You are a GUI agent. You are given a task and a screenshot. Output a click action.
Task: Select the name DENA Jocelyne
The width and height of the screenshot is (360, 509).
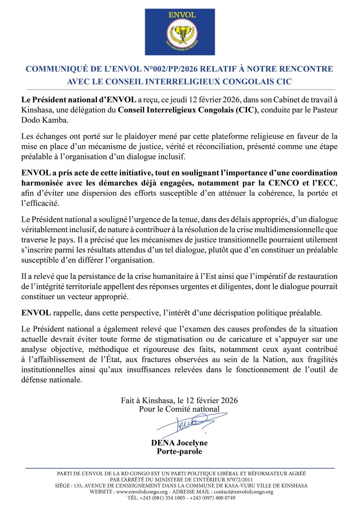pos(180,442)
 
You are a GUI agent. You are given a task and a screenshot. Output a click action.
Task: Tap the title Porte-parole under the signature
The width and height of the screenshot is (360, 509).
pos(180,451)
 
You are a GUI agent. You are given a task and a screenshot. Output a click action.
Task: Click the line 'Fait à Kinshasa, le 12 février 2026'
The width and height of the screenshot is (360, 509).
pos(180,400)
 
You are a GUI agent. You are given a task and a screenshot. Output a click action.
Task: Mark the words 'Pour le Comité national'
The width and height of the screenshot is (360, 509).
pos(180,409)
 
